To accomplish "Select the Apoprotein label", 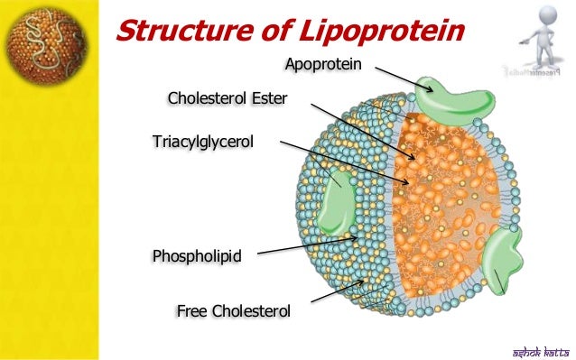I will point(323,64).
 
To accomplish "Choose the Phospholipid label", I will point(197,256).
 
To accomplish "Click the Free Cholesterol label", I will point(233,311).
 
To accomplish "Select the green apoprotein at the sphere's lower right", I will point(501,263).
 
